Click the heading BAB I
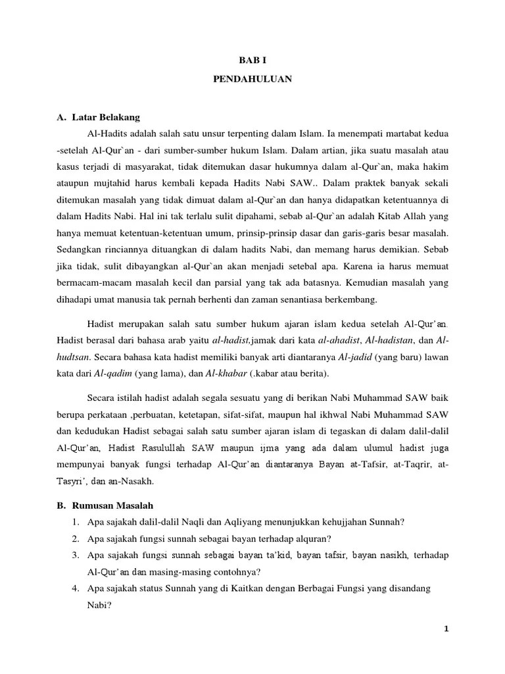pos(252,59)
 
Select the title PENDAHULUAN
pos(252,79)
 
